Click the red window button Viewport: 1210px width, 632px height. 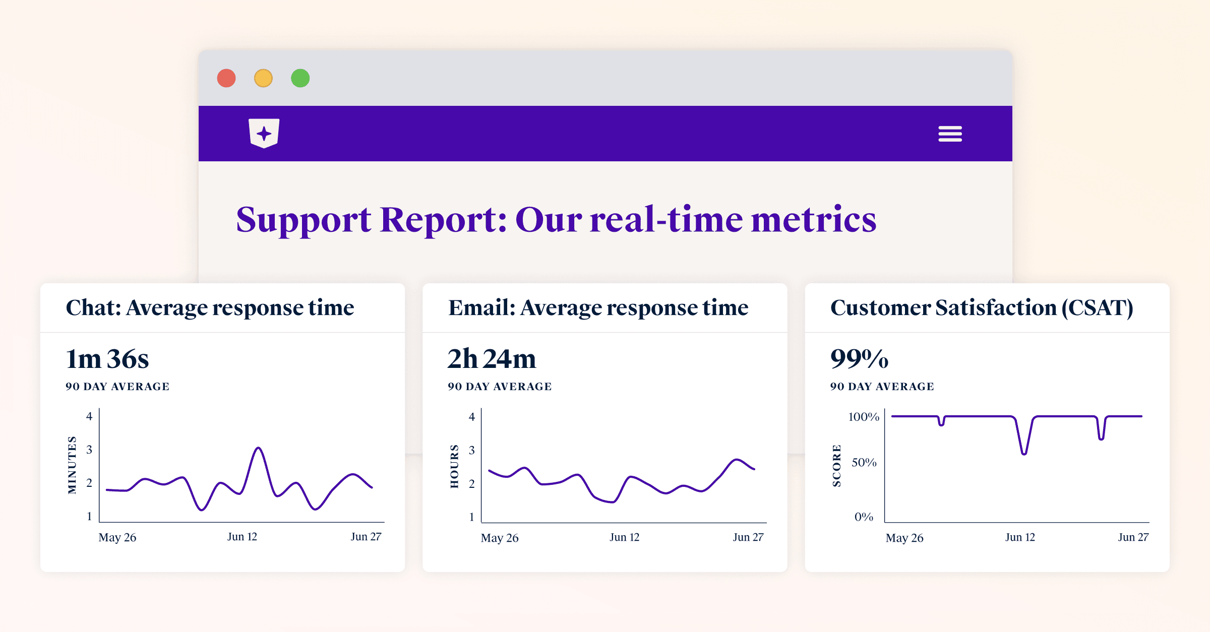(x=226, y=78)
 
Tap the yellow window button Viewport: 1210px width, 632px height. (x=263, y=78)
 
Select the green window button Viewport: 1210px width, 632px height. (x=300, y=78)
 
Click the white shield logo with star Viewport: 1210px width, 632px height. (x=264, y=133)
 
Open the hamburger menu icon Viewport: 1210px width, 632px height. (x=950, y=134)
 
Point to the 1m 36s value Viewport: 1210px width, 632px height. (x=107, y=359)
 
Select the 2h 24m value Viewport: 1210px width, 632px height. (x=492, y=359)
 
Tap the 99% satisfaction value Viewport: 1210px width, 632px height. (x=859, y=359)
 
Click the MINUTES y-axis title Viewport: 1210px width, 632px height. (x=72, y=465)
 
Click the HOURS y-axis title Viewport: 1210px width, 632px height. (x=454, y=466)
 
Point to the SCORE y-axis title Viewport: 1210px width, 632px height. (x=836, y=466)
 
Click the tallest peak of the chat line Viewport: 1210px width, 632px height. (x=258, y=448)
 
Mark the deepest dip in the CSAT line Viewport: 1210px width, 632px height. (x=1024, y=454)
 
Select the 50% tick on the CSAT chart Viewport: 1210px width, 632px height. (x=864, y=462)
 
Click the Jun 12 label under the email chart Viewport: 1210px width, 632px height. (x=624, y=537)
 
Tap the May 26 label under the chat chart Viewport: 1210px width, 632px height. (x=117, y=537)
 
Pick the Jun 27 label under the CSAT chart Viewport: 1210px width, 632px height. (x=1133, y=537)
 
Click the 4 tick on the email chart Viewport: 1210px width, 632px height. (x=471, y=417)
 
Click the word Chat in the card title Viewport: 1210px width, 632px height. (x=93, y=307)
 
